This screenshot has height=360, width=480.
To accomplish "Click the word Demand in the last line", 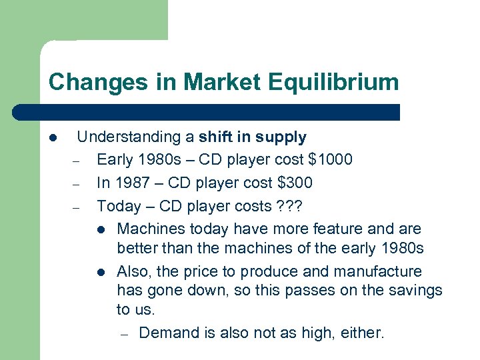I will click(169, 333).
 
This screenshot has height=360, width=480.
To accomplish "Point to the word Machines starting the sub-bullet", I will click(151, 229).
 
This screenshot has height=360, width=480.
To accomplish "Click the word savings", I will click(415, 291).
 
